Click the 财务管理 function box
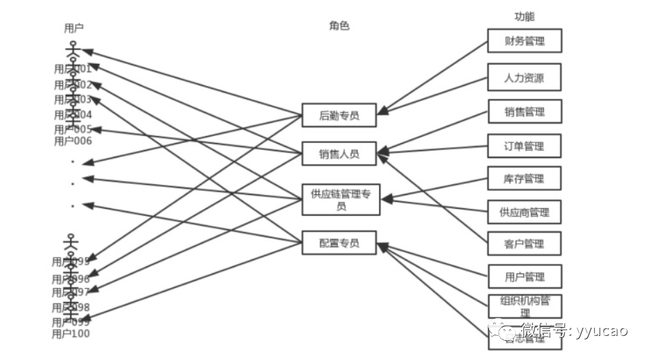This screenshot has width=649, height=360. click(x=524, y=41)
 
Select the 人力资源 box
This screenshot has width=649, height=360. click(x=524, y=77)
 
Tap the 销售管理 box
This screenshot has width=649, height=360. click(x=524, y=112)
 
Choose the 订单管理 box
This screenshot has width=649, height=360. click(x=524, y=146)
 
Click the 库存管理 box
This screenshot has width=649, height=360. click(x=524, y=179)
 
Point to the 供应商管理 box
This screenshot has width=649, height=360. click(x=524, y=212)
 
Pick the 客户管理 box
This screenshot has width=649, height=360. click(x=524, y=244)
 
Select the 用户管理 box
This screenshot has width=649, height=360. click(x=524, y=276)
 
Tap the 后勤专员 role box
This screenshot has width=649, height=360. click(x=339, y=115)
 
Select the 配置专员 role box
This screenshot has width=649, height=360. click(x=339, y=243)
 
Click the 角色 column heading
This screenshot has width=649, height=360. click(x=339, y=25)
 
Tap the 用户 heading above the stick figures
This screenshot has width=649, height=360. click(x=73, y=28)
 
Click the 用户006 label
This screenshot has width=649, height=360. click(x=73, y=141)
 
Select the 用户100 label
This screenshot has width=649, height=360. click(x=71, y=334)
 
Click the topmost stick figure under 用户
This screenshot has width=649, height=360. click(x=73, y=49)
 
